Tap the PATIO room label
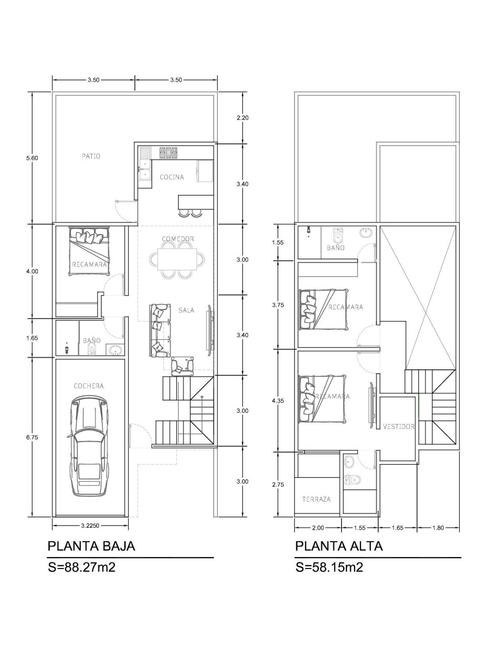coord(91,156)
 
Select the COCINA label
coord(172,177)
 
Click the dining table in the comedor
coord(177,259)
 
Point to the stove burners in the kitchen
coord(168,153)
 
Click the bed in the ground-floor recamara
coord(89,251)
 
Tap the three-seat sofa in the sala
coord(160,331)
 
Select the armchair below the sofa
coord(182,366)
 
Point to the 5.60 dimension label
coord(32,158)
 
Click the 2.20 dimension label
coord(243,118)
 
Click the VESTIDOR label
coord(399,427)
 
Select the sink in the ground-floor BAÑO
coord(116,350)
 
